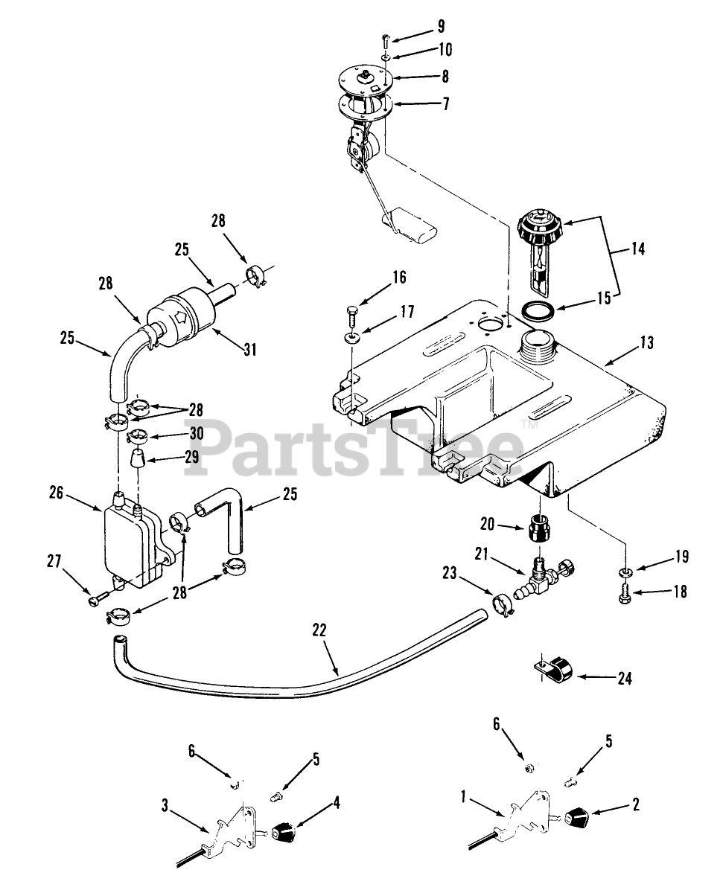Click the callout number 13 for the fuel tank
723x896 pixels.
click(646, 343)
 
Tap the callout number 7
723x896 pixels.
click(445, 104)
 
